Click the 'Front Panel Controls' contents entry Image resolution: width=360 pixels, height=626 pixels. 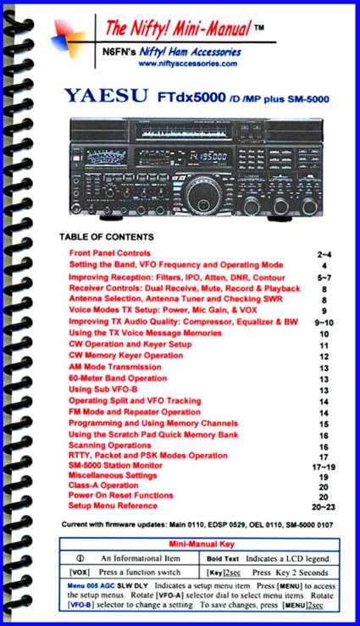click(109, 253)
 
